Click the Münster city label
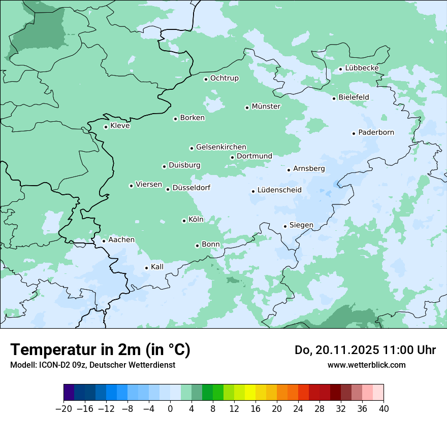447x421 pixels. [266, 107]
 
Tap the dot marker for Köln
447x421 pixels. [184, 221]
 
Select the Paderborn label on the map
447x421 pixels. [376, 132]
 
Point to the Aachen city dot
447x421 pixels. [104, 241]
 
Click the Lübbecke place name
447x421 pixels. [362, 68]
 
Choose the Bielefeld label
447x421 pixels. [354, 97]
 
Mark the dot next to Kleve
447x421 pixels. [106, 127]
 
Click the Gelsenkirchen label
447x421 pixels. [221, 147]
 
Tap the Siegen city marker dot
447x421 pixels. [285, 226]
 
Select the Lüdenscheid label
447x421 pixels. [279, 190]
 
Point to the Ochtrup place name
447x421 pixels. [224, 78]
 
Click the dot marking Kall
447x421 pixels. [146, 268]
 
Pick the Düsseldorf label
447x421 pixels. [191, 188]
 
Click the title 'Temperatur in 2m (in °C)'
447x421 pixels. [100, 350]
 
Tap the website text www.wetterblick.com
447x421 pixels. [366, 365]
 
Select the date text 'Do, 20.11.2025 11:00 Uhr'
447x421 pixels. [365, 350]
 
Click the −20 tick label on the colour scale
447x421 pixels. [64, 409]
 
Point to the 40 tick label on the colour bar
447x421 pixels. [384, 409]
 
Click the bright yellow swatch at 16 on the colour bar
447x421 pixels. [250, 393]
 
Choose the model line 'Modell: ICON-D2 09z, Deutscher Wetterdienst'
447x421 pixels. [92, 365]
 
